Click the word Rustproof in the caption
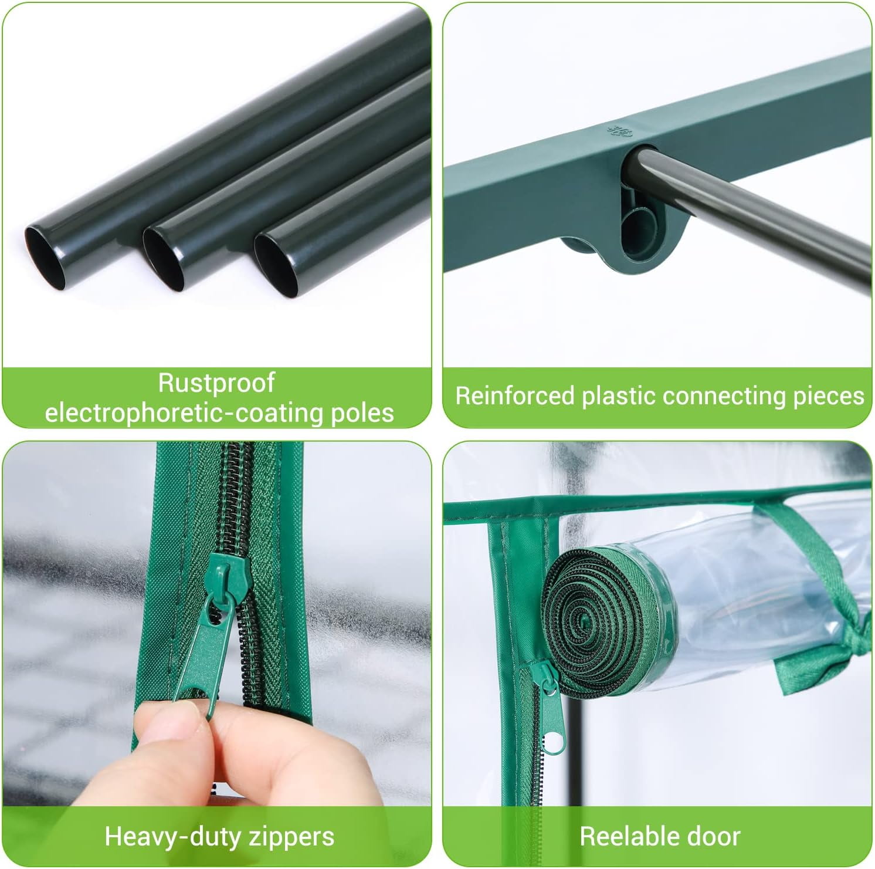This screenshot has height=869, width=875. tap(216, 383)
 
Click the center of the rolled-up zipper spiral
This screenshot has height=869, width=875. tap(587, 619)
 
